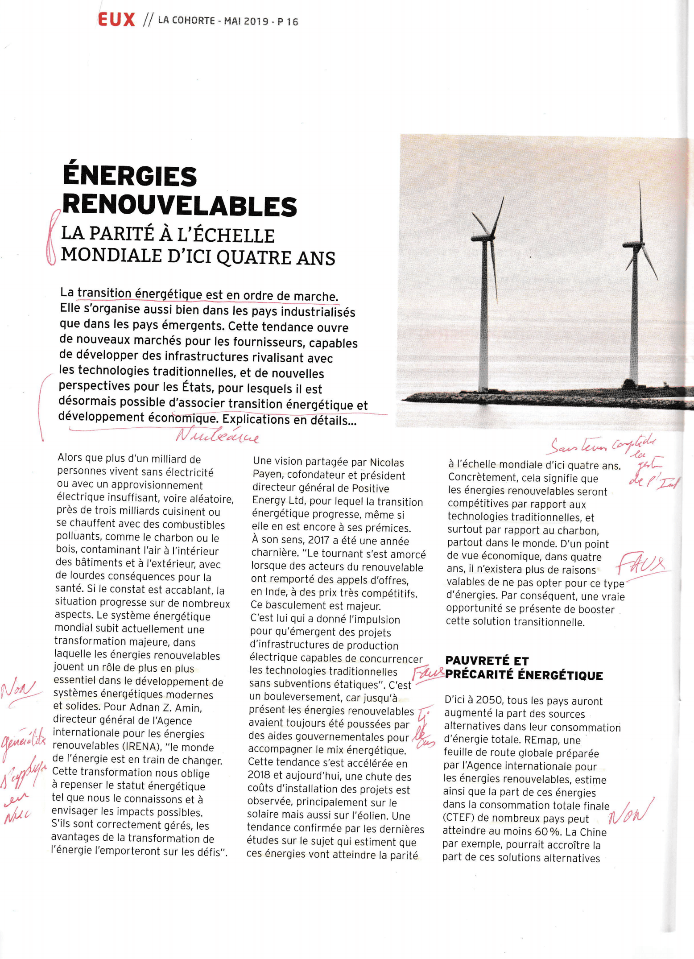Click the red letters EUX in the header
click(116, 20)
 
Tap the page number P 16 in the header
click(288, 22)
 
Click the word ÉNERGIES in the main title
click(130, 176)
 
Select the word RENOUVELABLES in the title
click(179, 206)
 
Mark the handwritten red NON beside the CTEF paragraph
click(630, 813)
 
